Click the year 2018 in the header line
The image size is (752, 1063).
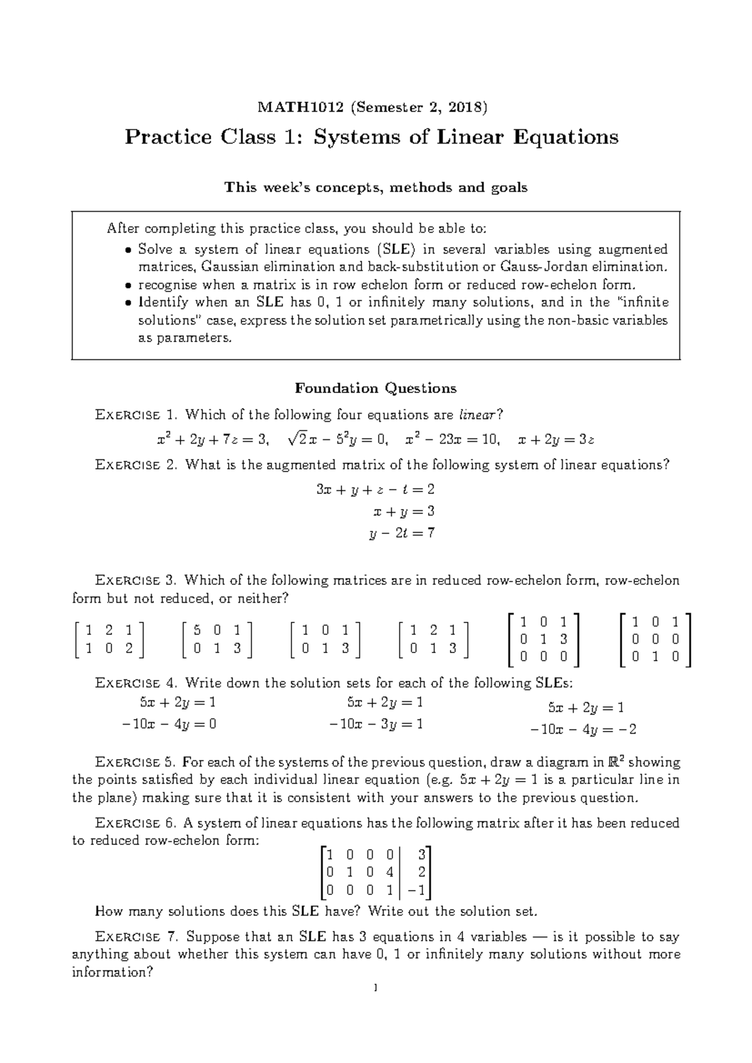[x=466, y=107]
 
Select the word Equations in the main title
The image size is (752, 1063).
[x=565, y=137]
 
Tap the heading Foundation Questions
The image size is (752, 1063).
[x=375, y=389]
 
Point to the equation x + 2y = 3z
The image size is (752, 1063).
[x=556, y=440]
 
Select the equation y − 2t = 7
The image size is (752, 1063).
[x=402, y=533]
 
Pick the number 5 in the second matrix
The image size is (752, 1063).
[x=198, y=630]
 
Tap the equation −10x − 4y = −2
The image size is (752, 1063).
[x=583, y=730]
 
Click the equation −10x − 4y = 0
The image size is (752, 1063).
[x=169, y=725]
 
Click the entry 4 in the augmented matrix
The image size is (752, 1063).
[x=389, y=871]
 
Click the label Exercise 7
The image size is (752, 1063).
[x=136, y=937]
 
